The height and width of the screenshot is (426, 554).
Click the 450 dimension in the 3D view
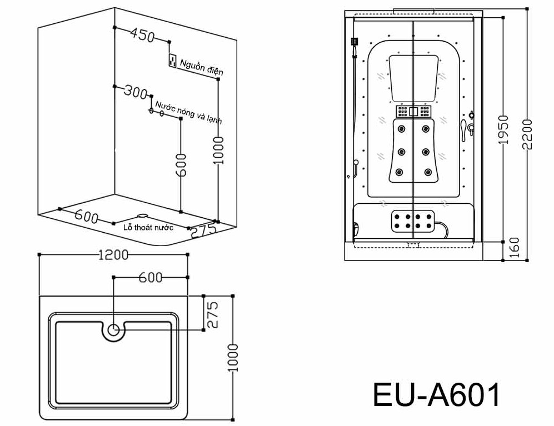coord(142,35)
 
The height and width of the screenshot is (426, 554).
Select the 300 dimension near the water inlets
coord(135,92)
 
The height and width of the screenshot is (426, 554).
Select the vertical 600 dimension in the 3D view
coord(181,165)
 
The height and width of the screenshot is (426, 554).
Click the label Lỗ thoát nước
coord(148,227)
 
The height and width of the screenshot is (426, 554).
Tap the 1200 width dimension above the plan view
coord(113,255)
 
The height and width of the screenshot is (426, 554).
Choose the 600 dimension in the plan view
coord(150,278)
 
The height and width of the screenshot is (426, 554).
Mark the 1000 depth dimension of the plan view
coord(233,357)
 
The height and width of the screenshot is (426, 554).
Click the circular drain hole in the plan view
coord(113,330)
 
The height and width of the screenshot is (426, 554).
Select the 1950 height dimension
coord(503,130)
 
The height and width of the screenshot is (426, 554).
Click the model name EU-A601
coord(437,395)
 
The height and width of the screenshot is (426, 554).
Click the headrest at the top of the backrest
coord(413,78)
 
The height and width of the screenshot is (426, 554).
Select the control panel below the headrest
coord(413,112)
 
